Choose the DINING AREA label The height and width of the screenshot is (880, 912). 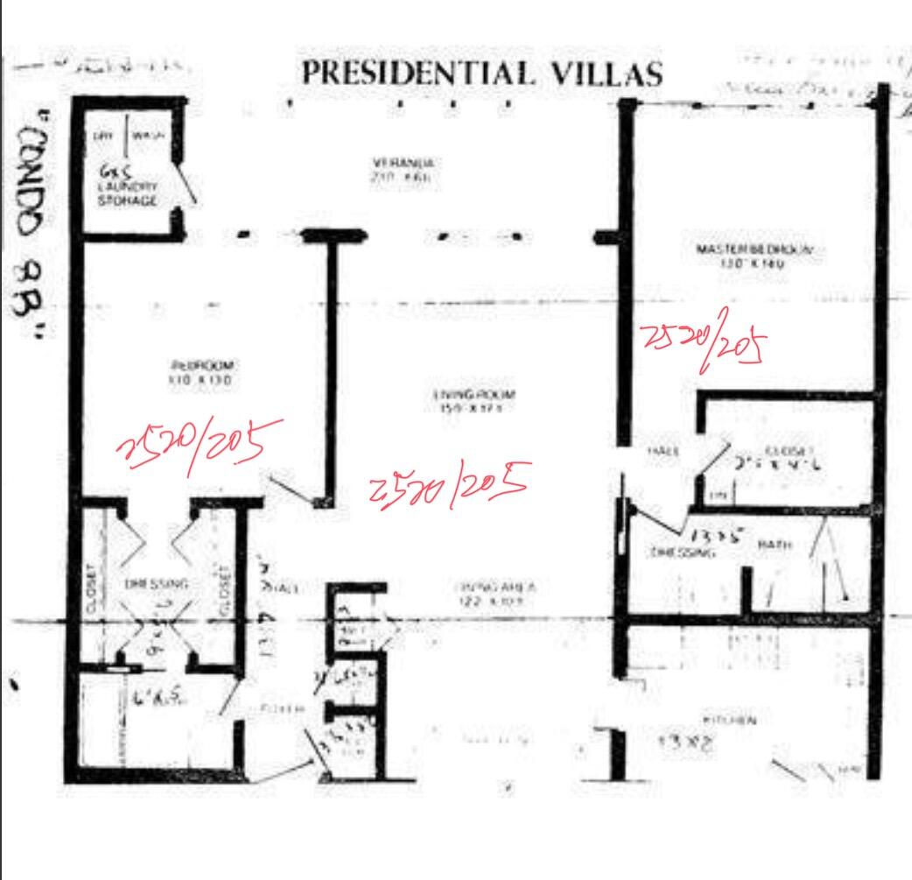(x=482, y=588)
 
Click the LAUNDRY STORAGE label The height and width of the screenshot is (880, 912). (x=128, y=194)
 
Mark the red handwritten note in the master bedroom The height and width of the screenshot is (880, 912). (x=699, y=343)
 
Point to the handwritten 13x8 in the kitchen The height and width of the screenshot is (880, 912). (x=687, y=744)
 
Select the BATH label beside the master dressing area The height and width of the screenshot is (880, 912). (x=775, y=545)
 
